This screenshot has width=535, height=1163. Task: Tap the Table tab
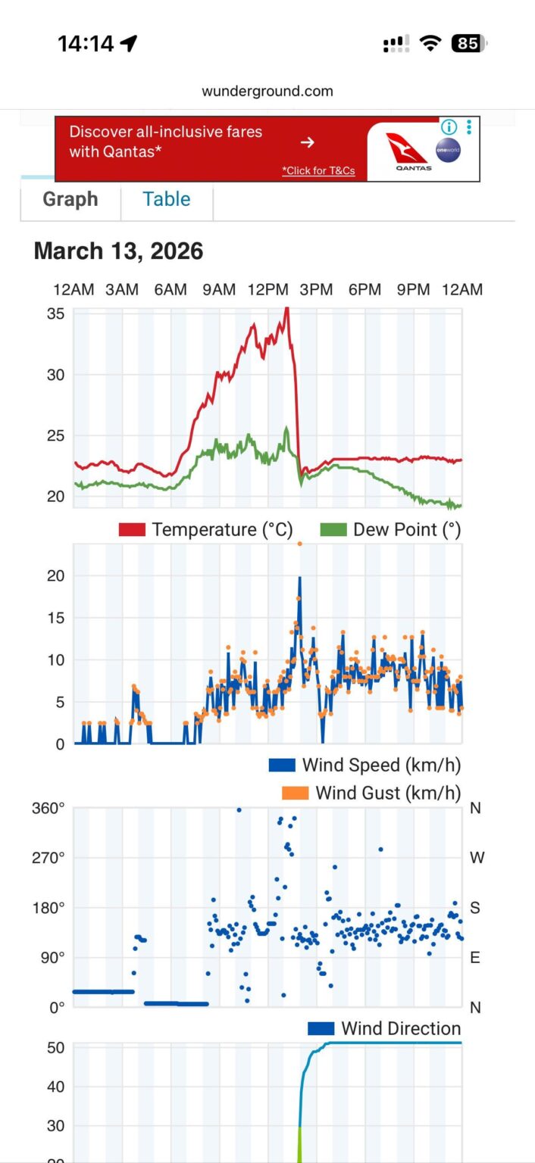(x=166, y=199)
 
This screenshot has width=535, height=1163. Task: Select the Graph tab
(x=70, y=199)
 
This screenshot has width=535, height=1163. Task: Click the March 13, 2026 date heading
(x=118, y=251)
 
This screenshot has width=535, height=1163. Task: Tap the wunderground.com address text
(x=267, y=92)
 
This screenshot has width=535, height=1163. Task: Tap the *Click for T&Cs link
(x=318, y=170)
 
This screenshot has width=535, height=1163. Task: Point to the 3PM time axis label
(x=316, y=290)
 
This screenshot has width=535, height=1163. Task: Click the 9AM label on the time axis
(x=219, y=290)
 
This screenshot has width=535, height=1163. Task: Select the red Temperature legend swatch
(x=131, y=529)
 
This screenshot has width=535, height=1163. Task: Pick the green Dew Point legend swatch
(x=333, y=529)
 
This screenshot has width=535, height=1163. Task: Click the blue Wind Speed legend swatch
(x=282, y=765)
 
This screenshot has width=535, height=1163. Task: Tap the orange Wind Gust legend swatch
(x=295, y=793)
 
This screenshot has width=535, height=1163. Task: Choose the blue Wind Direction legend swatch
(x=321, y=1028)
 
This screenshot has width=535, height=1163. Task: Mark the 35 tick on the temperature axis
(x=58, y=313)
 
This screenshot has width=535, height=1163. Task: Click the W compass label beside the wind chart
(x=477, y=858)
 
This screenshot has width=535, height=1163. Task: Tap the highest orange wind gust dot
(x=299, y=544)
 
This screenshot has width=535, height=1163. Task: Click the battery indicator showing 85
(x=468, y=44)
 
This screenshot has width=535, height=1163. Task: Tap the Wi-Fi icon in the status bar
(x=430, y=44)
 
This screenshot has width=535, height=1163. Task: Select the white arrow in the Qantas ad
(x=307, y=142)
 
